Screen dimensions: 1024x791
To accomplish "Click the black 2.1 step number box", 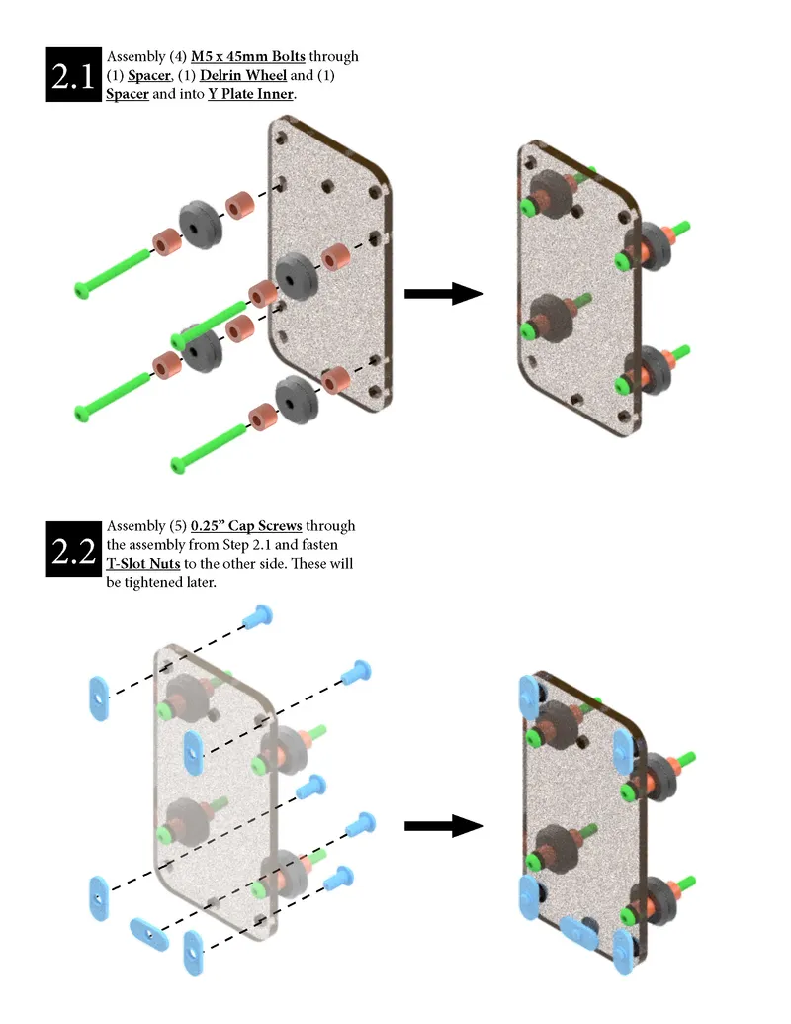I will pyautogui.click(x=74, y=75).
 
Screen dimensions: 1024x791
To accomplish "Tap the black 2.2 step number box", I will pyautogui.click(x=74, y=548).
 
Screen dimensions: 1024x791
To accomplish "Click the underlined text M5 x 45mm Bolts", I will pyautogui.click(x=247, y=56).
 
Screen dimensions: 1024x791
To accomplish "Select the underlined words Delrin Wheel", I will pyautogui.click(x=224, y=75).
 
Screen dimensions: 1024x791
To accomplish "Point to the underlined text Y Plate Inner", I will pyautogui.click(x=251, y=94).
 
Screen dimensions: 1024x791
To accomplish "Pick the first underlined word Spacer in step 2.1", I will pyautogui.click(x=148, y=75).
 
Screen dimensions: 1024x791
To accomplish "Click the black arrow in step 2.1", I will pyautogui.click(x=442, y=294).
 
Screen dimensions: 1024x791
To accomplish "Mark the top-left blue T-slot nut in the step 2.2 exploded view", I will pyautogui.click(x=99, y=698).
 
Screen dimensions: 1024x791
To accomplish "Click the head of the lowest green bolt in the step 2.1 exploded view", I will pyautogui.click(x=180, y=462).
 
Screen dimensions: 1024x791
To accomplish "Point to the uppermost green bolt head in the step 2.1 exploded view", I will pyautogui.click(x=83, y=289).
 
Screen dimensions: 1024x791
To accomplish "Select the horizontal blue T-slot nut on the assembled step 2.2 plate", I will pyautogui.click(x=576, y=931).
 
